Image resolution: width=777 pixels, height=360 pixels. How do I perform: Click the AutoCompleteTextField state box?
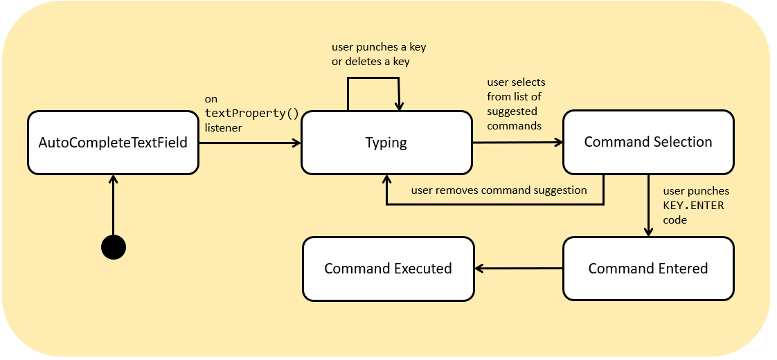click(x=113, y=143)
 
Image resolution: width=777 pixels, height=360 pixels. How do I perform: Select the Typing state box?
click(x=386, y=143)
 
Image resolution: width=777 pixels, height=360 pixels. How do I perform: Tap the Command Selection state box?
click(x=648, y=142)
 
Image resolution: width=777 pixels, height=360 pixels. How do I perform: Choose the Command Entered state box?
click(x=648, y=269)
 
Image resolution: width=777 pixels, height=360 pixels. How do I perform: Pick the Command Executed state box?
click(x=388, y=269)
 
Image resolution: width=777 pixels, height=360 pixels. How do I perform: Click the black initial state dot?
click(x=114, y=247)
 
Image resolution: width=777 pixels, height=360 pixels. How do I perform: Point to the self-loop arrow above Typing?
click(x=373, y=78)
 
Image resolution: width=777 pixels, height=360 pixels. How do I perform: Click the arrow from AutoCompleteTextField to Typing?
click(x=250, y=143)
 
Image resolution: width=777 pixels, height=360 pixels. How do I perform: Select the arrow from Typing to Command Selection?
click(x=518, y=143)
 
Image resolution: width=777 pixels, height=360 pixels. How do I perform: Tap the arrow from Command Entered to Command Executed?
click(x=519, y=269)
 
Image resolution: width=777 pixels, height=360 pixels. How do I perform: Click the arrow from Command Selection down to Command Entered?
click(x=648, y=206)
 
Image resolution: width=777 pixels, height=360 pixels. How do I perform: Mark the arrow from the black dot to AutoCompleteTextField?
click(x=114, y=205)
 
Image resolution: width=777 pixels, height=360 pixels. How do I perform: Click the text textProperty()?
click(x=252, y=114)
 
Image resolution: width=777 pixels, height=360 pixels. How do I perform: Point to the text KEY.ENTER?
click(x=693, y=205)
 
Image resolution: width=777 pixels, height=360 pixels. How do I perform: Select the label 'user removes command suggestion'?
click(x=499, y=190)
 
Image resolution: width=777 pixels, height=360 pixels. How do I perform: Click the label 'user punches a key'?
click(x=379, y=47)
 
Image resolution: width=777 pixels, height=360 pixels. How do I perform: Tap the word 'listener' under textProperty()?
click(x=223, y=128)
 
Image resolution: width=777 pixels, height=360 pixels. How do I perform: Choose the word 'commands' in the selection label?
click(x=515, y=126)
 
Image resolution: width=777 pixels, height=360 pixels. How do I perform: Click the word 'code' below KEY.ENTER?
click(x=675, y=220)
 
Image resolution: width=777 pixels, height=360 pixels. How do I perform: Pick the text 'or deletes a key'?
click(x=371, y=62)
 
